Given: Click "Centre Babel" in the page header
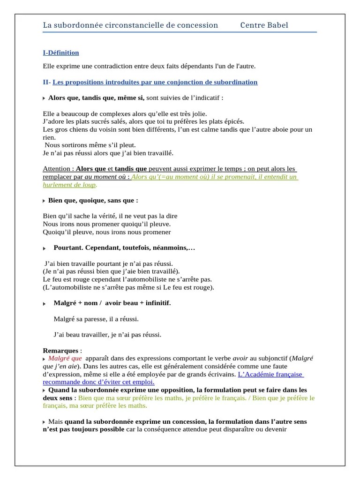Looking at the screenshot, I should (264, 25).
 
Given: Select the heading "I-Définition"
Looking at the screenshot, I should (61, 53).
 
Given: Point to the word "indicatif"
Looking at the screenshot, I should (205, 98).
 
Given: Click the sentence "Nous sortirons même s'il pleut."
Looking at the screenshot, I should (87, 145).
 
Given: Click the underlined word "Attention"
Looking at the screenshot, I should (58, 169).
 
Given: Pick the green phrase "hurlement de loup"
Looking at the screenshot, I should (69, 185).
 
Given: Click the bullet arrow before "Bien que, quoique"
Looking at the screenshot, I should (44, 201).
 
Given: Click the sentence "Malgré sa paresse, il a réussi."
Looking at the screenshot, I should (97, 319).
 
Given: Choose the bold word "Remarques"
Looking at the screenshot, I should (60, 351).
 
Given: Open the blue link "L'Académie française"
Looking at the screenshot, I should (270, 375).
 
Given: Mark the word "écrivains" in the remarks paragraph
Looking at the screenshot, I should (221, 375).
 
